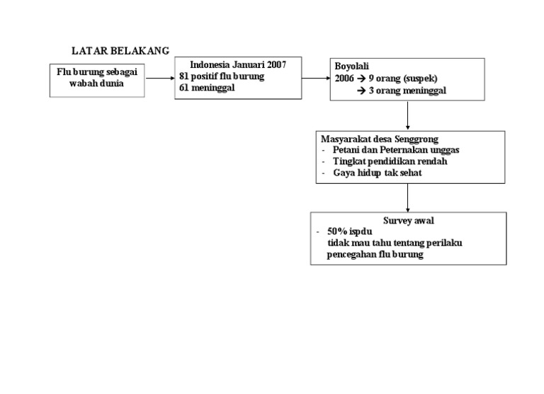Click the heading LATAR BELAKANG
[x=120, y=51]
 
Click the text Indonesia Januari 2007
[x=238, y=64]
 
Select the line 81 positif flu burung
[x=222, y=76]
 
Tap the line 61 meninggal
[x=208, y=88]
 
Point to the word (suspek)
[x=422, y=79]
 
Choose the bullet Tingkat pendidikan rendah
[x=390, y=161]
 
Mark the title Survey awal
[x=409, y=221]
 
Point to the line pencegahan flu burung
[x=375, y=255]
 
